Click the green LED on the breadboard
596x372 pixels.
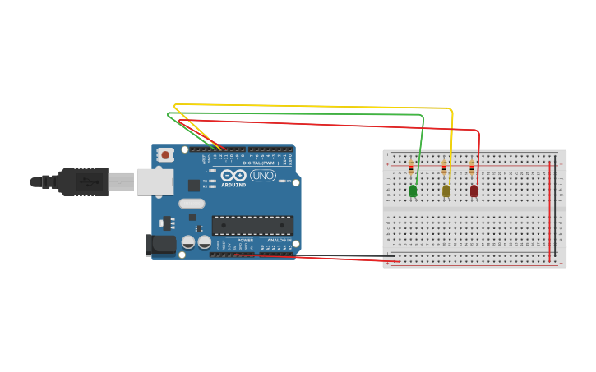point(413,191)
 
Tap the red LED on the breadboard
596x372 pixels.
point(474,191)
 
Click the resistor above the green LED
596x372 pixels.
point(411,168)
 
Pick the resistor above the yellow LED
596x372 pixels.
point(444,168)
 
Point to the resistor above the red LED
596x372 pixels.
point(472,168)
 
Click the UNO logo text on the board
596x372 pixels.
point(263,176)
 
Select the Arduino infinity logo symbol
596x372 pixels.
point(233,175)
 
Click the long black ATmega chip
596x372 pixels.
point(252,226)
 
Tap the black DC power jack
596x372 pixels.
point(160,244)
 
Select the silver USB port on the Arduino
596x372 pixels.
point(155,181)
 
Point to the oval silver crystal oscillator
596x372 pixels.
point(192,204)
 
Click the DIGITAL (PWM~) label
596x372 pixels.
point(261,163)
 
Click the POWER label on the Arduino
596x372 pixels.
point(245,241)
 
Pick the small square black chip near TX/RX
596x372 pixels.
point(194,186)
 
